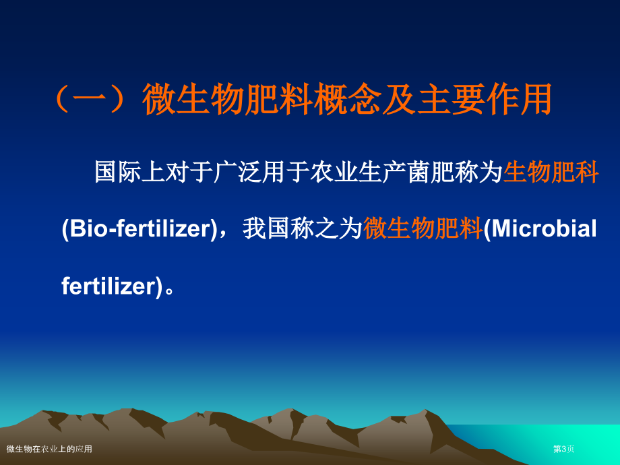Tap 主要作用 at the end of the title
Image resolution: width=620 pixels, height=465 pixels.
click(485, 99)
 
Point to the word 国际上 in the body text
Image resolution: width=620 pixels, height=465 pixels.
click(130, 172)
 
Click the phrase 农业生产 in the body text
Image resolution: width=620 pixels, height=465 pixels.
click(358, 172)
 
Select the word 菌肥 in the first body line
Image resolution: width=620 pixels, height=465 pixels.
click(430, 172)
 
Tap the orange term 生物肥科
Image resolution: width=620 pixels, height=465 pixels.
click(551, 172)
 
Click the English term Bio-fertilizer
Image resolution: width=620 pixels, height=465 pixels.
click(139, 229)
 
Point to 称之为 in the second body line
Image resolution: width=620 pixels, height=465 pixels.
click(327, 229)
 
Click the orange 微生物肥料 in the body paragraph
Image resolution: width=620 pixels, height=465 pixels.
click(423, 229)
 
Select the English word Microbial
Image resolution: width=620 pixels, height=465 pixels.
click(544, 229)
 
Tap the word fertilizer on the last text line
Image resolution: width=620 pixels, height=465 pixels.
click(108, 286)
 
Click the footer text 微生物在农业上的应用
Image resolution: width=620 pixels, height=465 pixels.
click(49, 449)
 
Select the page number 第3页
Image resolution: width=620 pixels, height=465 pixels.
click(563, 449)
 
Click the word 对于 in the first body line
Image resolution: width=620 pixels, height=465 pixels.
click(190, 172)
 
